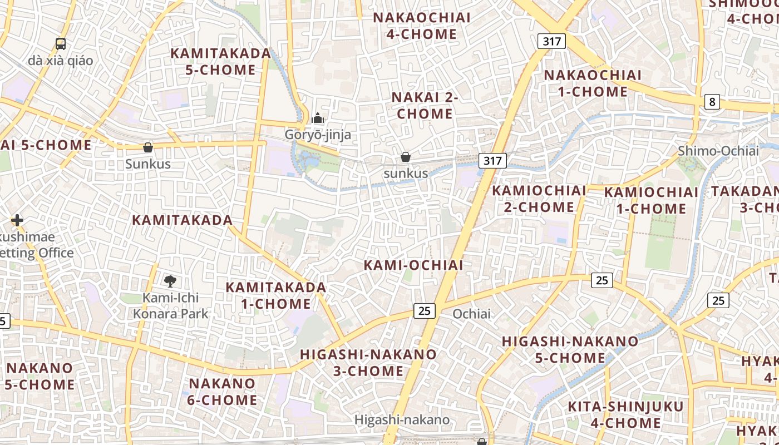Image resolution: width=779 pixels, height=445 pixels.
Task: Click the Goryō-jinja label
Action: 318,135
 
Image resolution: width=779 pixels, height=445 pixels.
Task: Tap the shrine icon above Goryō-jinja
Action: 318,118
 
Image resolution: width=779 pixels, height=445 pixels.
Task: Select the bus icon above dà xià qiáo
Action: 61,44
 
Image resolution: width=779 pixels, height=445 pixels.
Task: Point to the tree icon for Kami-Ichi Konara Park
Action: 170,281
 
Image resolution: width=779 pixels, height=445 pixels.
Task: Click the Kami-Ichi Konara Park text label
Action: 170,306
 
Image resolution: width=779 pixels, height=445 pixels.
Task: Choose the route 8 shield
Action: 712,102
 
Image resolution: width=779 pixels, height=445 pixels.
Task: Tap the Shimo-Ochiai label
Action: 718,151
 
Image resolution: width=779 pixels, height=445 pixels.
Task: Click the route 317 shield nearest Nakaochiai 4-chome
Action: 551,41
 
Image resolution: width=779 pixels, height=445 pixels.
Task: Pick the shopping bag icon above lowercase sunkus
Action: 406,157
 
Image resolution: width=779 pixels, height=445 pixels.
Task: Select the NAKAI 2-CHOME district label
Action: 425,106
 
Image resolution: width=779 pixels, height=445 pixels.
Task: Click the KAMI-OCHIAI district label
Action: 413,265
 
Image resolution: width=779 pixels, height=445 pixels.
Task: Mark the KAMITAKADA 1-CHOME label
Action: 276,296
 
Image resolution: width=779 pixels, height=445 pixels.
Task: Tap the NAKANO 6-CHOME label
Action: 223,392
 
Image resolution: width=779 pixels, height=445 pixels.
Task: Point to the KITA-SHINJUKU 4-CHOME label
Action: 625,415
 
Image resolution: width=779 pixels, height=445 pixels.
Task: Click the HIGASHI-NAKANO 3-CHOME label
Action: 368,363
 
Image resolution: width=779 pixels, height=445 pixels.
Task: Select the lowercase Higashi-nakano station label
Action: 402,420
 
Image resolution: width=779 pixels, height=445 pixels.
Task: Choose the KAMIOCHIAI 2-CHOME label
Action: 539,199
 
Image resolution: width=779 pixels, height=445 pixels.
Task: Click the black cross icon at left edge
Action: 17,220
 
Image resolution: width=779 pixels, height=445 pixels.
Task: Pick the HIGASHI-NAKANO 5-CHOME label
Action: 570,349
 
